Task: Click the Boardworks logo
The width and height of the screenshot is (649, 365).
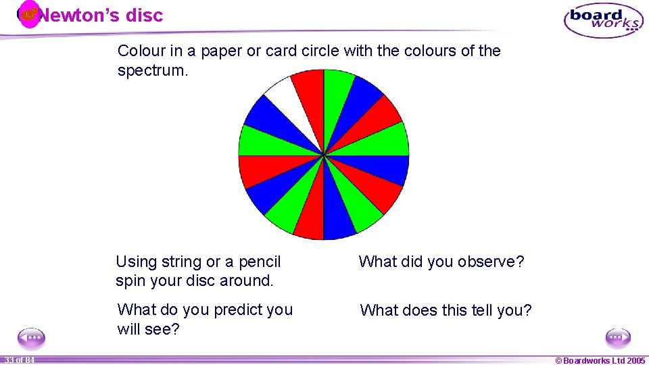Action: coord(603,20)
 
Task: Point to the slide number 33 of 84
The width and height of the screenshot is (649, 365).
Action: coord(20,360)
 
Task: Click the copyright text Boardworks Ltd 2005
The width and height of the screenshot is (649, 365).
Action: coord(600,360)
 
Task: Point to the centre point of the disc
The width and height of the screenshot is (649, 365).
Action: coord(324,155)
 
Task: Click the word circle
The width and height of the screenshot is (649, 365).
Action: coord(318,51)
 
